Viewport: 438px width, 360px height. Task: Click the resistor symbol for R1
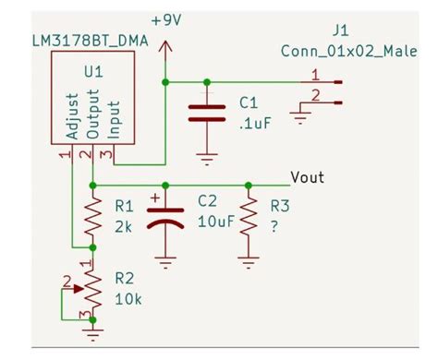click(92, 218)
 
